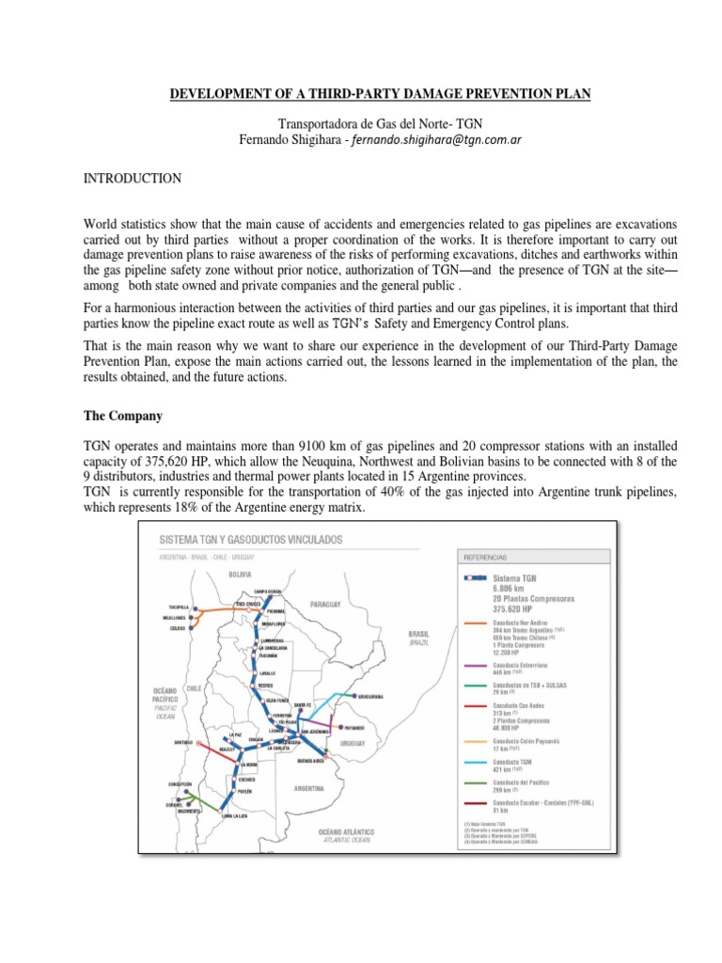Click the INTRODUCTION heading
point(129,178)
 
